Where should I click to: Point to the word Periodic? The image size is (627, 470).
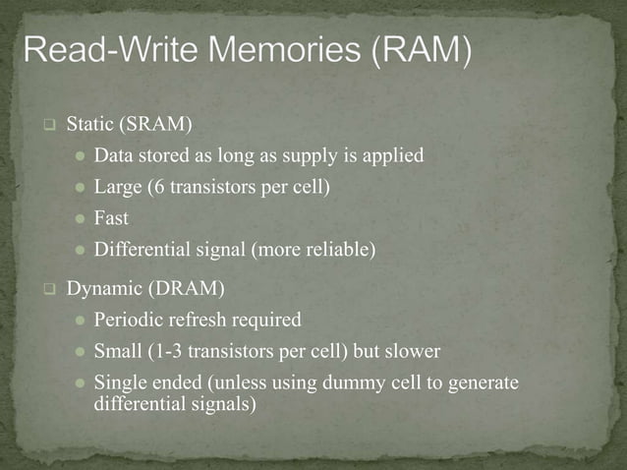click(x=125, y=320)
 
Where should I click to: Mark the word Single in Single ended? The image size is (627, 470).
click(x=118, y=382)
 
